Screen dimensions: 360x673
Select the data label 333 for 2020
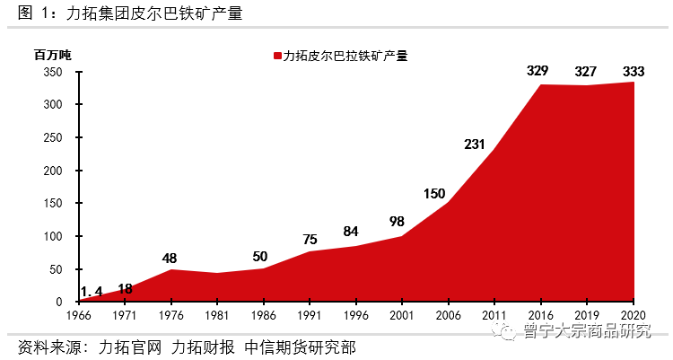click(634, 71)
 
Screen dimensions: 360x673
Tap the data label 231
click(476, 144)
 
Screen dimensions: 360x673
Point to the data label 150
click(434, 193)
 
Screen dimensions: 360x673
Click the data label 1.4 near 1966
click(92, 290)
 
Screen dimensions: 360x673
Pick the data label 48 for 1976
click(170, 258)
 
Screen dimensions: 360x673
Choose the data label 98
click(398, 221)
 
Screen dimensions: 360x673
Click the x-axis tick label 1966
click(79, 316)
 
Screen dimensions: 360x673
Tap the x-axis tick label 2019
click(588, 316)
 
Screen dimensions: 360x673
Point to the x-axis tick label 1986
click(264, 316)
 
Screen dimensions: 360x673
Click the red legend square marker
click(277, 56)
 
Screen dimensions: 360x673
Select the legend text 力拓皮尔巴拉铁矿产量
click(345, 56)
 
